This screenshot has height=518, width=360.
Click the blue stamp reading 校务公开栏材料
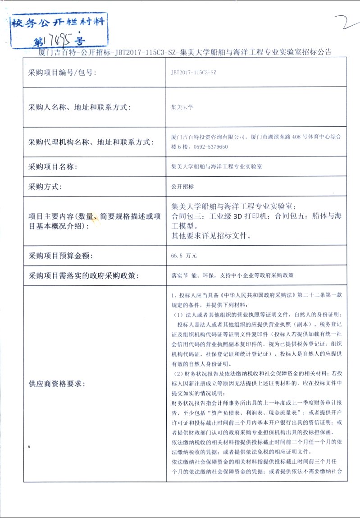click(59, 23)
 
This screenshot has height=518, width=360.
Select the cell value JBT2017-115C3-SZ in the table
click(193, 73)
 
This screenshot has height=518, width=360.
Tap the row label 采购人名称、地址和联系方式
click(79, 107)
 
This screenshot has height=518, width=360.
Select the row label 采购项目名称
click(53, 167)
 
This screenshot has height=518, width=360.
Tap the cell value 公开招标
click(182, 186)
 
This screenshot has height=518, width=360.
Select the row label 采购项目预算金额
click(60, 256)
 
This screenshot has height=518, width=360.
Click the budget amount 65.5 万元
click(184, 256)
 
